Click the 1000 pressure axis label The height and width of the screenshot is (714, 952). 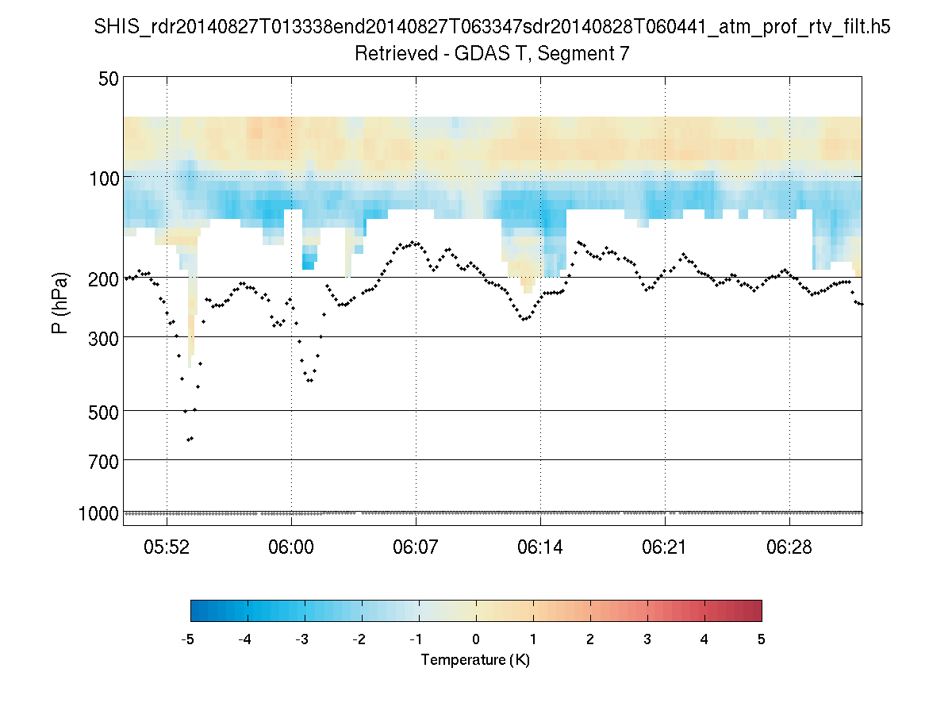99,513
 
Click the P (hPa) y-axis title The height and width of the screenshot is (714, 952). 59,302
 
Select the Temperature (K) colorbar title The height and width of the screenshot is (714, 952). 475,660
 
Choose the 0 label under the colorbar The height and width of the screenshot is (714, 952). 476,639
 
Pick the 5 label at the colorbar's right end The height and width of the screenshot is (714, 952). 762,639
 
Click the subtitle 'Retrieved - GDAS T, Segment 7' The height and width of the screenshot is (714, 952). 492,54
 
